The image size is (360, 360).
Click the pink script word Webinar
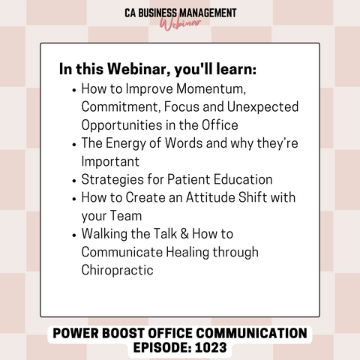pyautogui.click(x=181, y=24)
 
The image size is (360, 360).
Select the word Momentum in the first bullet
pyautogui.click(x=211, y=88)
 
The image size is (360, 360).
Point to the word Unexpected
pyautogui.click(x=262, y=107)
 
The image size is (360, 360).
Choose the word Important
pyautogui.click(x=110, y=161)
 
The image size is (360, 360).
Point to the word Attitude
pyautogui.click(x=210, y=197)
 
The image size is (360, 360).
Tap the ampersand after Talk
pyautogui.click(x=184, y=234)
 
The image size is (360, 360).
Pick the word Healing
pyautogui.click(x=187, y=252)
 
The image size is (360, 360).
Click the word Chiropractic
pyautogui.click(x=117, y=270)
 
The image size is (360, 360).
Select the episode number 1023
pyautogui.click(x=211, y=347)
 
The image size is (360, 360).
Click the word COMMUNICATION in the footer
pyautogui.click(x=251, y=333)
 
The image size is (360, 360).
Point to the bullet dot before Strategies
pyautogui.click(x=73, y=181)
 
